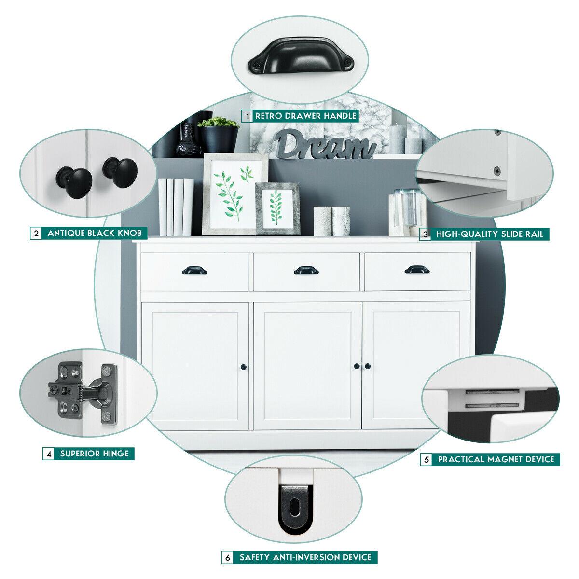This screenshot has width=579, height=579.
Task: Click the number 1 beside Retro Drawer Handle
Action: (248, 116)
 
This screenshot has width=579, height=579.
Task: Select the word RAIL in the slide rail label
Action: (535, 234)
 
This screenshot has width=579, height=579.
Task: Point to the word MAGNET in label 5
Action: (505, 459)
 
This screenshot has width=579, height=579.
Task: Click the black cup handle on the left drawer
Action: (194, 270)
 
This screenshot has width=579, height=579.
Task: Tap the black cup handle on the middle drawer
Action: (306, 270)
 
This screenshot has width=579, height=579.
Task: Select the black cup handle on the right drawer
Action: (417, 270)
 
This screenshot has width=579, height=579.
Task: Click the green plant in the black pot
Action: (218, 122)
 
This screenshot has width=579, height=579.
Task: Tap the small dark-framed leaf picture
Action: (277, 208)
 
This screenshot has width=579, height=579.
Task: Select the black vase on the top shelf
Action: (188, 140)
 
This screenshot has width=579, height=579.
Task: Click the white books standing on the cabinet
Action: (176, 207)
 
